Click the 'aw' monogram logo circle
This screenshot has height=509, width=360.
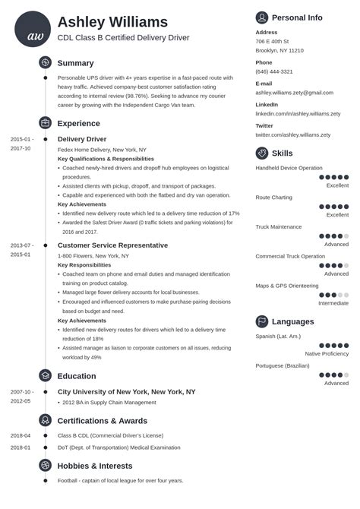pos(33,30)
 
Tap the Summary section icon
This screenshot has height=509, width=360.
pos(45,62)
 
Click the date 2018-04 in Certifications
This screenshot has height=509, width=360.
pos(21,435)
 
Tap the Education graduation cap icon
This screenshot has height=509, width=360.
pos(45,375)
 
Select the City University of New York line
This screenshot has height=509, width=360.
pos(126,392)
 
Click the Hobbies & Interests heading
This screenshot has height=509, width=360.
pos(111,464)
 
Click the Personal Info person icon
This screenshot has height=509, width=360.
pos(262,17)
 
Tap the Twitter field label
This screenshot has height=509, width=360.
pos(264,125)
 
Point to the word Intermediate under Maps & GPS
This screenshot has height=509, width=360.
pos(333,303)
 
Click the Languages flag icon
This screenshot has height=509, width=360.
pos(262,321)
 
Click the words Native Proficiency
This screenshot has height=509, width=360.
pos(327,354)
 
